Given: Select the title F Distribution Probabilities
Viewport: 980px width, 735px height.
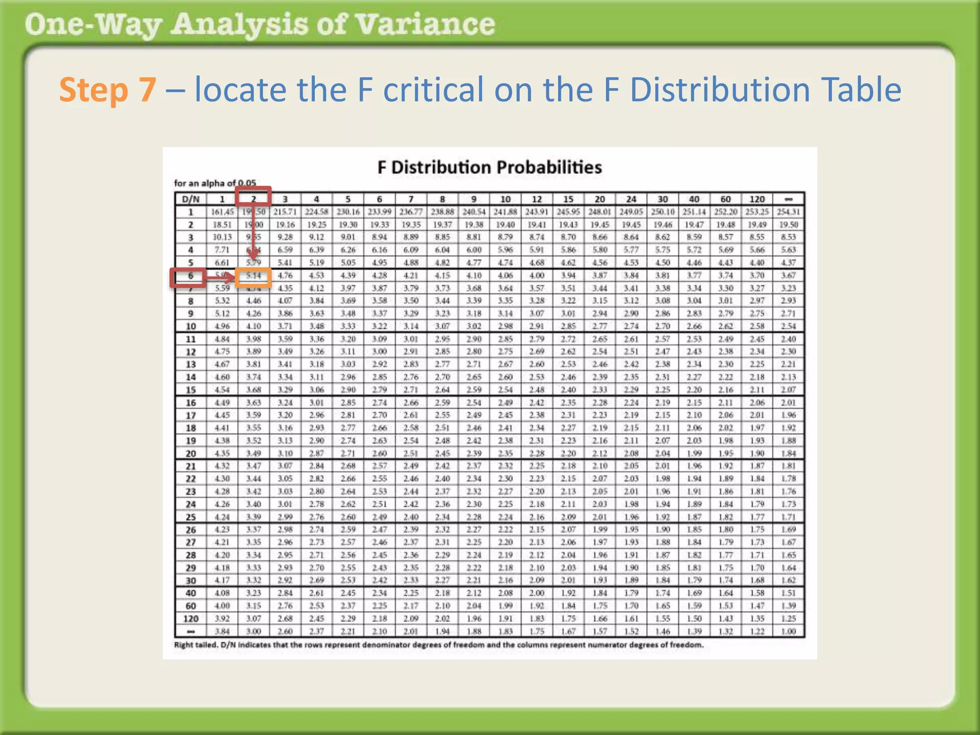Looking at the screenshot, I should tap(489, 167).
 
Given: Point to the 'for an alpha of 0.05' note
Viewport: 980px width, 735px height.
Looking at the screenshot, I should tap(215, 183).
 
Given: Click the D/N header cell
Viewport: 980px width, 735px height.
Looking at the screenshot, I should tap(190, 199).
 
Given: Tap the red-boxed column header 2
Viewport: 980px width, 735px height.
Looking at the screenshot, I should tap(253, 197).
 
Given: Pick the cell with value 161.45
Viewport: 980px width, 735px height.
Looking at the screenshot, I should tap(222, 212).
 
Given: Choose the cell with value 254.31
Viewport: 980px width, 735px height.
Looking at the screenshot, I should tap(788, 212).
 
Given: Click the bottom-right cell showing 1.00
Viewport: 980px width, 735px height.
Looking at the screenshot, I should tap(788, 631).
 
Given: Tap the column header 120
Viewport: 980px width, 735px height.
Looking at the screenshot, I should tap(757, 199).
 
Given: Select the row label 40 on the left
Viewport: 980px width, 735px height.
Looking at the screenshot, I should tap(190, 593).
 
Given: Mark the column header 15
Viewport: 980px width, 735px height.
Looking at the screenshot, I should tap(568, 199).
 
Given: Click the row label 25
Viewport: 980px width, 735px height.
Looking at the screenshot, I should tap(190, 517).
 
